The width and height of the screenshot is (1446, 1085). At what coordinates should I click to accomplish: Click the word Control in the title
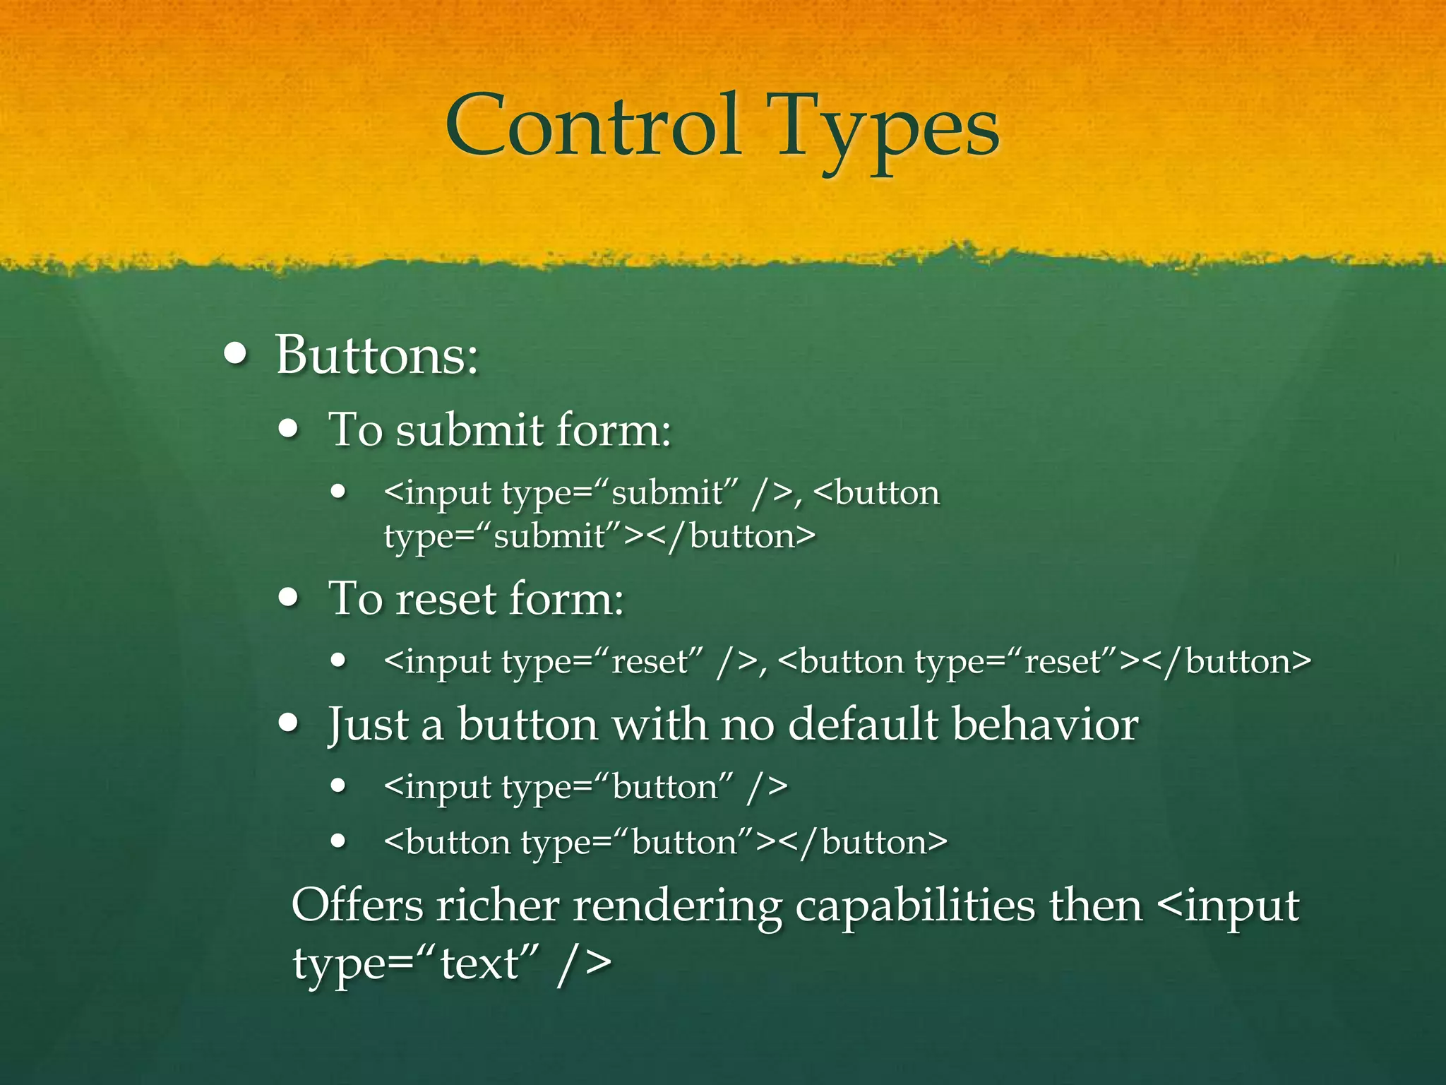[x=593, y=127]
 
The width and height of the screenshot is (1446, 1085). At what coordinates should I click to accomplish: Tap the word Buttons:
[x=377, y=355]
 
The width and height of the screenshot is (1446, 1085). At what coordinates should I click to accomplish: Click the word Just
[x=368, y=725]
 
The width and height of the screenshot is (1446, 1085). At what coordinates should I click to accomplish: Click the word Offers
[x=357, y=905]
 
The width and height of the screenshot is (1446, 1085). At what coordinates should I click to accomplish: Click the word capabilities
[x=915, y=906]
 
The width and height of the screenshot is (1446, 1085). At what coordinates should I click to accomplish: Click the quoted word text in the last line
[x=479, y=963]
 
